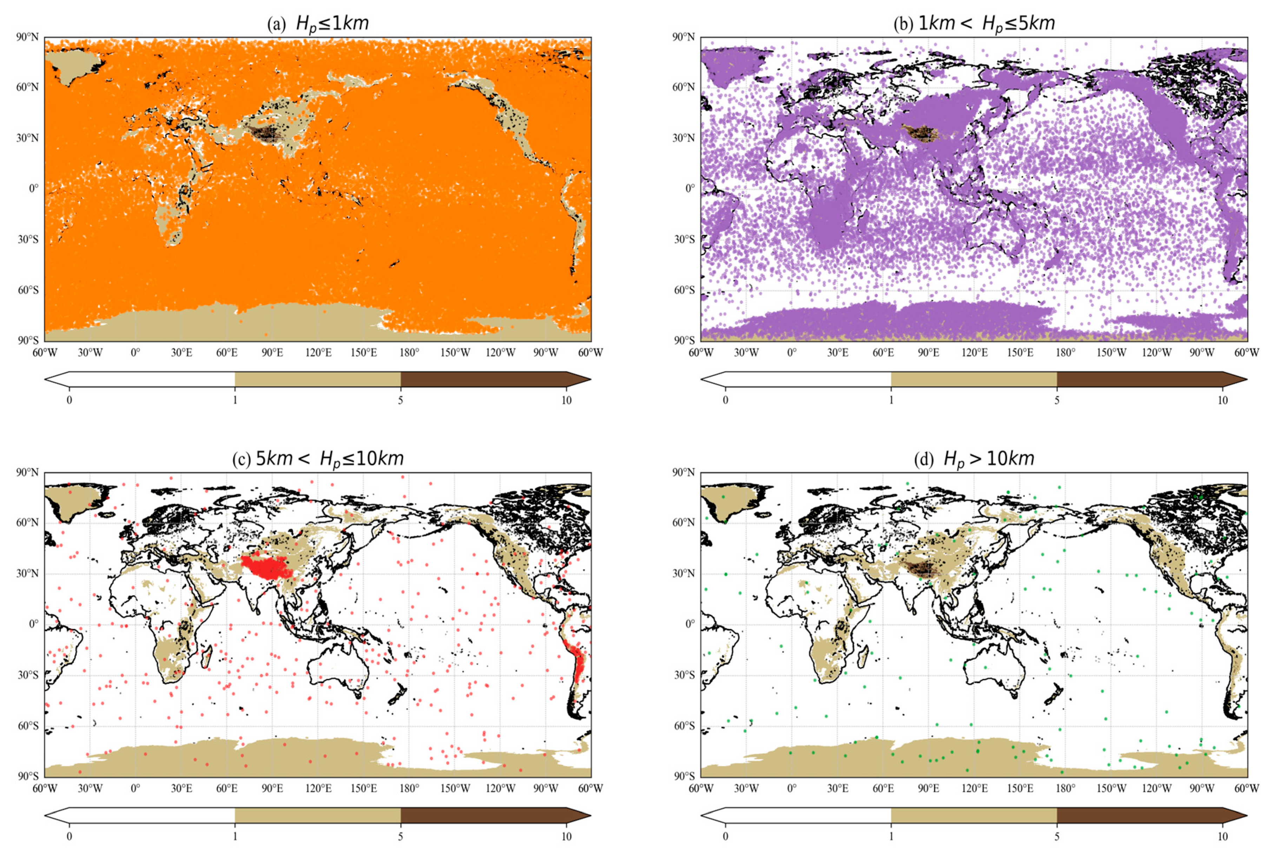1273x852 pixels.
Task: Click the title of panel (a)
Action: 318,24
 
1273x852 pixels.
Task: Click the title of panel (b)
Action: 974,24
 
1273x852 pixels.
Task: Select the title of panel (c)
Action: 318,459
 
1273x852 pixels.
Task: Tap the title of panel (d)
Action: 974,459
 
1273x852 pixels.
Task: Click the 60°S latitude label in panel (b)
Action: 684,290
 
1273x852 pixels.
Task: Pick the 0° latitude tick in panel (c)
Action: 34,624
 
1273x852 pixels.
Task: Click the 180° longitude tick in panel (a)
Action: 409,353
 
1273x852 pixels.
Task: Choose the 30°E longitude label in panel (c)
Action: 182,788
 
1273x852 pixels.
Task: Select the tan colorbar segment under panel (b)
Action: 974,379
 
